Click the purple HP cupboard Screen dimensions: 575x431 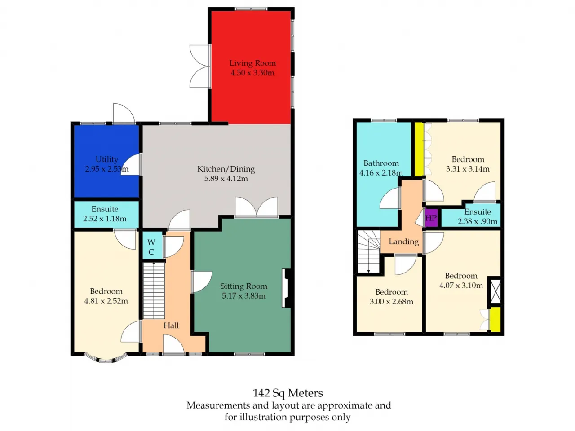(431, 218)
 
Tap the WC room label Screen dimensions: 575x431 (151, 247)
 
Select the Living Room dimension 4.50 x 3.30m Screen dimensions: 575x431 (252, 72)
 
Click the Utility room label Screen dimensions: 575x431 (106, 159)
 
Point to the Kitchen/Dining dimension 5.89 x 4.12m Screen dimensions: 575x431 (226, 179)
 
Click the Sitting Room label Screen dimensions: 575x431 (243, 286)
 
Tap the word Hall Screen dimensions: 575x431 (171, 325)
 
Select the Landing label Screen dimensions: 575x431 (403, 242)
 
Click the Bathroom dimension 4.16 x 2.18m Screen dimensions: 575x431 (381, 173)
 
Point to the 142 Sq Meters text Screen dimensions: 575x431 (287, 393)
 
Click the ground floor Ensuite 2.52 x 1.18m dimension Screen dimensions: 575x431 (105, 219)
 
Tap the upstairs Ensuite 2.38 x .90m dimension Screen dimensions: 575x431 (477, 221)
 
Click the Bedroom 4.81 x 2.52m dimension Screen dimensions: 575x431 (106, 301)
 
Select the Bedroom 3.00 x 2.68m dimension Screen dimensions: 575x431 (391, 301)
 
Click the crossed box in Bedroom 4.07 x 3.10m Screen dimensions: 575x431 (495, 291)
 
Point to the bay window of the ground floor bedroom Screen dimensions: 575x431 (106, 358)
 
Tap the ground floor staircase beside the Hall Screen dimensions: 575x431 (154, 290)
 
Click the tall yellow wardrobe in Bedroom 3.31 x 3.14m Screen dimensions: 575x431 (419, 150)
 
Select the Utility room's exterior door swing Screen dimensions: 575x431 (124, 113)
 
